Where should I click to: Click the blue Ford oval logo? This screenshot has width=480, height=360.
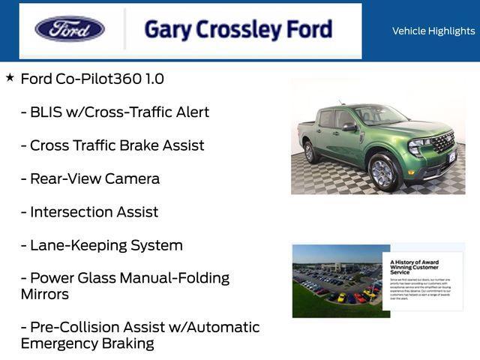70,29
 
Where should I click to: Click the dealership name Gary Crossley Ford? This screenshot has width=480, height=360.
238,29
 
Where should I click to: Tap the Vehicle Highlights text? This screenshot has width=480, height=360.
433,31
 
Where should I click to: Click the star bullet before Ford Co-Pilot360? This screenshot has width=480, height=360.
10,77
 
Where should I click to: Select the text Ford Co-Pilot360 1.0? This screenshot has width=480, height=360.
92,79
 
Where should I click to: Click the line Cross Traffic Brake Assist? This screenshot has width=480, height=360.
112,145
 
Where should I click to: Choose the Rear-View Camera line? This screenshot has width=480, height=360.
90,178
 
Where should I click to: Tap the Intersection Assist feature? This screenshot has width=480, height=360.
89,211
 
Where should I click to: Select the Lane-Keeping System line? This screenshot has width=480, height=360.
102,245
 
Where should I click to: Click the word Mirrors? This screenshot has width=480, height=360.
45,294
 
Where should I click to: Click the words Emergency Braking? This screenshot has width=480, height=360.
87,343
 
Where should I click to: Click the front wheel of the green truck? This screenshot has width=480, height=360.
382,172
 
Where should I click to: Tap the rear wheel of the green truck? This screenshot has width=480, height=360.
309,152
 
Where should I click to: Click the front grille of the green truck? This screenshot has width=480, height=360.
443,142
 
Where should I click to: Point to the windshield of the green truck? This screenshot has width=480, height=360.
379,115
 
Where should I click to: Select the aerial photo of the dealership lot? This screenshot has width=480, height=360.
337,280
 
